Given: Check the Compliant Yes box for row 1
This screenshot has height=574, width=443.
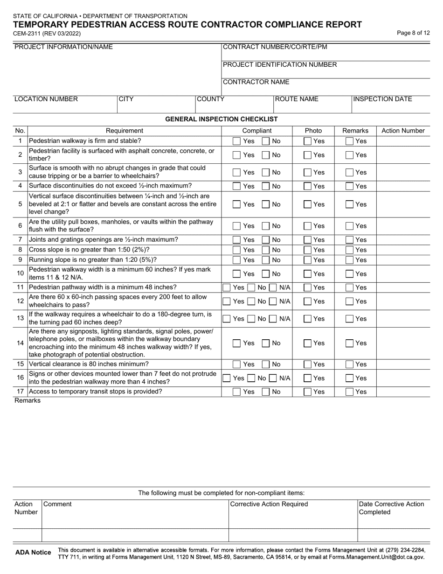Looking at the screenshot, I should (237, 141).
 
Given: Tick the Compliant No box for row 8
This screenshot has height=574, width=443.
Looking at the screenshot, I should (266, 250).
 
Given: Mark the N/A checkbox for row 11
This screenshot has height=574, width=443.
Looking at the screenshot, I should (273, 287).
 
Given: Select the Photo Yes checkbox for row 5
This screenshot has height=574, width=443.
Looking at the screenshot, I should (308, 204).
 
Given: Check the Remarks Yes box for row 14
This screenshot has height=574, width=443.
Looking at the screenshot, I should (350, 343).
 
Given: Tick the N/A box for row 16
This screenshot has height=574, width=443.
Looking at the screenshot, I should (273, 378).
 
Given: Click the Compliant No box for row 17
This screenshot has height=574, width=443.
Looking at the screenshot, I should (266, 392).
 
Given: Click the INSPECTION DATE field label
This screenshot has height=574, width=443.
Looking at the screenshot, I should (382, 99).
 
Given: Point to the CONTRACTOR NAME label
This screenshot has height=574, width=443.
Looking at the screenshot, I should (256, 82).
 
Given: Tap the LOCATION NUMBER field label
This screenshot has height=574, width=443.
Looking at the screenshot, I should (46, 99).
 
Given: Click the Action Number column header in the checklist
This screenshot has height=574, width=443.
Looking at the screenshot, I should (403, 131).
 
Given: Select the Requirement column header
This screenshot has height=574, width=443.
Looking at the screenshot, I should (125, 131).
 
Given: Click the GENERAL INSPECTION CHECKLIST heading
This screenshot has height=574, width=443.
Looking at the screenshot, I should (221, 119).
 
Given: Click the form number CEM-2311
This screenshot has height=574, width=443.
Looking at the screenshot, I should (29, 34).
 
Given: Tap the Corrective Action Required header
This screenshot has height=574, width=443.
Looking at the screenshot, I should (269, 504).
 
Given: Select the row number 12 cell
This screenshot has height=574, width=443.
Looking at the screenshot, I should (20, 301).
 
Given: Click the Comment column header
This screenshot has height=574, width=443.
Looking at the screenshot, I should (58, 504).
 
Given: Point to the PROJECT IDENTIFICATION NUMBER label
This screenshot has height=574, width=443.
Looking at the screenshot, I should (280, 64).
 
